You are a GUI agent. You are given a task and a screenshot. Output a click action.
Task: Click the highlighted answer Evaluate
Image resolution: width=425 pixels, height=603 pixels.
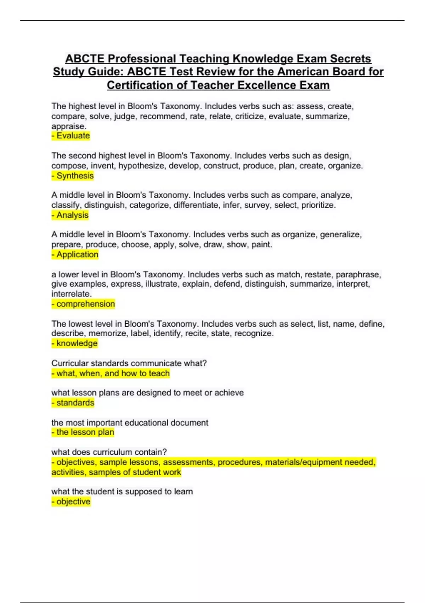[x=71, y=136]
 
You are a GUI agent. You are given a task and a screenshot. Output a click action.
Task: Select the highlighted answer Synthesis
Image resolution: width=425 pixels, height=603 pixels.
[x=73, y=176]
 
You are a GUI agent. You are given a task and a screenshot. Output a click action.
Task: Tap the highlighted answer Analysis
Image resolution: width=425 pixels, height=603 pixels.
[x=70, y=215]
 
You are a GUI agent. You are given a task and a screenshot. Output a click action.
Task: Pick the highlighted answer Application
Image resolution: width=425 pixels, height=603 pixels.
[x=75, y=254]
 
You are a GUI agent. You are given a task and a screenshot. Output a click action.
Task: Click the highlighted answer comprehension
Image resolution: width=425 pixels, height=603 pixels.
[x=83, y=304]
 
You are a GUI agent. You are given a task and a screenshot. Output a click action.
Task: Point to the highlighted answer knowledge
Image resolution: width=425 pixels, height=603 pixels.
[x=75, y=343]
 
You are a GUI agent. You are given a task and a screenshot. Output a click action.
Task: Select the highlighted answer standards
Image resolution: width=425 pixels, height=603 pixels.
[x=73, y=403]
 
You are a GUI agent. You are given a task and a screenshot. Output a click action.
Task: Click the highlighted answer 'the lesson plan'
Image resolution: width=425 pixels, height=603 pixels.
[x=83, y=432]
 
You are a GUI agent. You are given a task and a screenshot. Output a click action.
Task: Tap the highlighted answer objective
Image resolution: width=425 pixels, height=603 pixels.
[x=71, y=502]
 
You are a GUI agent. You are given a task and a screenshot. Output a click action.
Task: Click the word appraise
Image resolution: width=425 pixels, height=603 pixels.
[x=68, y=126]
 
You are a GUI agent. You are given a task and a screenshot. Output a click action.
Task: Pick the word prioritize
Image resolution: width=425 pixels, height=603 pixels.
[x=318, y=205]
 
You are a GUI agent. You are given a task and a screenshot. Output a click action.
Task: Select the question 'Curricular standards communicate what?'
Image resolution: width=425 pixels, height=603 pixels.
[x=129, y=363]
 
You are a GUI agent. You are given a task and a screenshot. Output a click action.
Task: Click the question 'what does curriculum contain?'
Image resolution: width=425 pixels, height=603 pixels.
[x=109, y=452]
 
